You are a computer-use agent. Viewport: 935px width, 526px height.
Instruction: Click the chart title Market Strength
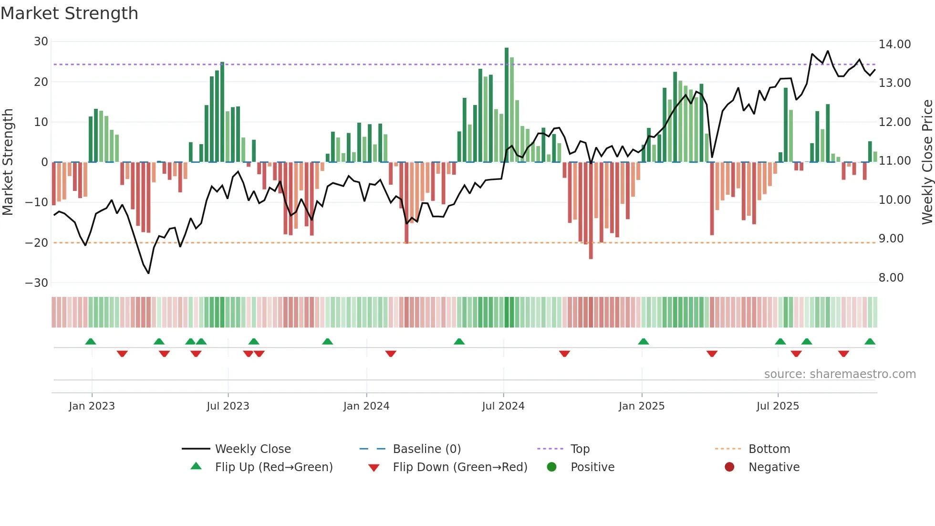[x=69, y=13]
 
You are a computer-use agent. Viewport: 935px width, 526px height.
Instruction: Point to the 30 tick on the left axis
[x=41, y=42]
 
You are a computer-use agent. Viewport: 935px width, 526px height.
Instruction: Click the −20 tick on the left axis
[x=37, y=242]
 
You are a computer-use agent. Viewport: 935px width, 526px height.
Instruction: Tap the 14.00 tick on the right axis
[x=894, y=44]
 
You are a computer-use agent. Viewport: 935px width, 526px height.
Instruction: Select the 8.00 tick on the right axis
[x=891, y=278]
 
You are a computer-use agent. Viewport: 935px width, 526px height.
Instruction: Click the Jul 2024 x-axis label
[x=503, y=406]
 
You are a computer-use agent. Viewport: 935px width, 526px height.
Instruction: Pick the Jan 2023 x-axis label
[x=92, y=406]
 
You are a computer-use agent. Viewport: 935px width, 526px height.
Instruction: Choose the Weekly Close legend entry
[x=252, y=449]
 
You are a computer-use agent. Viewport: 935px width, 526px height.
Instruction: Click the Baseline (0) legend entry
[x=426, y=449]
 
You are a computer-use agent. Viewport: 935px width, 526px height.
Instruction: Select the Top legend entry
[x=580, y=449]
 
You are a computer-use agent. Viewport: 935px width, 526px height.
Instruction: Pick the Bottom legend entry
[x=769, y=449]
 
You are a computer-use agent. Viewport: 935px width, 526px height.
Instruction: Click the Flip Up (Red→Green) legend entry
[x=273, y=467]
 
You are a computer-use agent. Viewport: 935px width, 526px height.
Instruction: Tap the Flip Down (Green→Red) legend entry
[x=460, y=467]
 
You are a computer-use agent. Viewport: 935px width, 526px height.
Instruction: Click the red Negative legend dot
[x=729, y=467]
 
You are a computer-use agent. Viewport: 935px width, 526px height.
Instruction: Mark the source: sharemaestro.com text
[x=840, y=374]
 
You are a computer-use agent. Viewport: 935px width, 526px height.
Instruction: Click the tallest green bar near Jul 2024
[x=507, y=105]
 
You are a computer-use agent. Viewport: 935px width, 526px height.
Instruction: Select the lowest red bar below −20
[x=591, y=210]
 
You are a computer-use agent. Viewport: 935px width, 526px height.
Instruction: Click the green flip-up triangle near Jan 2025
[x=643, y=342]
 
